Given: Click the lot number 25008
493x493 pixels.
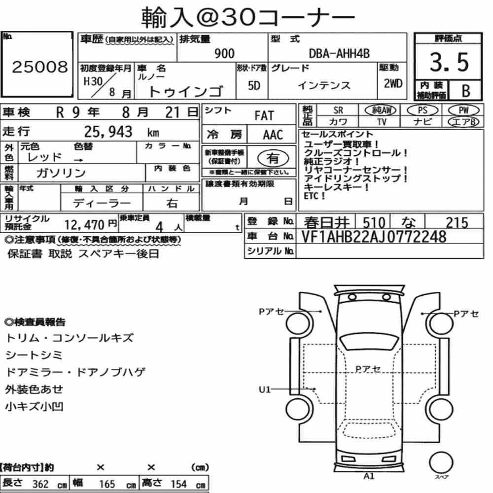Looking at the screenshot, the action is click(x=40, y=67).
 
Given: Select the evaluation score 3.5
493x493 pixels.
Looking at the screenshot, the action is click(x=449, y=62).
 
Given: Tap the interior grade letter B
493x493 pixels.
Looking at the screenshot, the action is click(x=466, y=91).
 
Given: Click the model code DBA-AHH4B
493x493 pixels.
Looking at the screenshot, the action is click(x=339, y=53).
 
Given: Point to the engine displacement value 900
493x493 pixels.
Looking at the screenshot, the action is click(x=224, y=53).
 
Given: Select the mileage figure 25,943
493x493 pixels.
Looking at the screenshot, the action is click(x=108, y=132).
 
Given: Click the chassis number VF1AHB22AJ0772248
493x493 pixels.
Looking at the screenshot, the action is click(x=374, y=237).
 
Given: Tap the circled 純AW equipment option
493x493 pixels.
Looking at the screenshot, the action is click(x=380, y=110).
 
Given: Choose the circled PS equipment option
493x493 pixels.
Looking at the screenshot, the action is click(x=423, y=110).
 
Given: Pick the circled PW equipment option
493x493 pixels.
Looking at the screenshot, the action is click(x=463, y=110).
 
